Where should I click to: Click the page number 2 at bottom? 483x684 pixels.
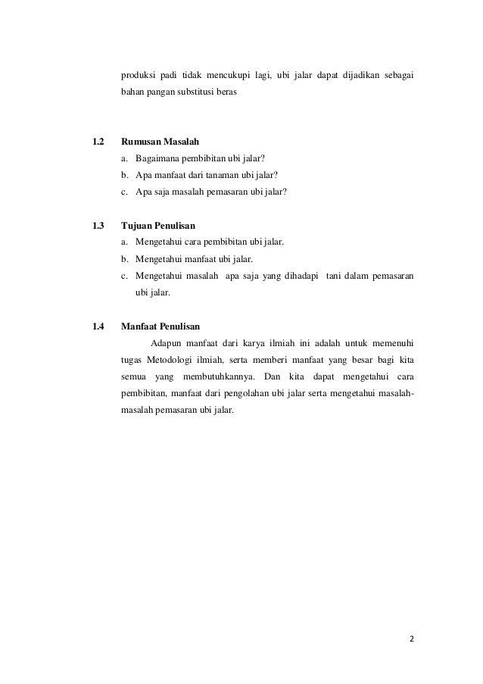pos(412,638)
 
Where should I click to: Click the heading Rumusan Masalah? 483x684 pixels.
pos(160,142)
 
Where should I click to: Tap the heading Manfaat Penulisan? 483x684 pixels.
pos(160,326)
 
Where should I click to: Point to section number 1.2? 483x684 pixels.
pos(98,142)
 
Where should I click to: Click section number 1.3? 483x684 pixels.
pos(98,225)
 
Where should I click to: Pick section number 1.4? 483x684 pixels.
pos(98,326)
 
